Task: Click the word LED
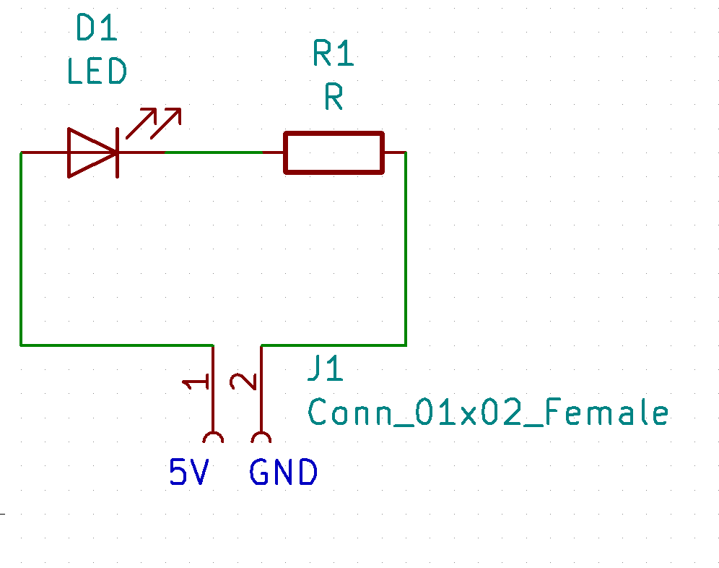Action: (97, 72)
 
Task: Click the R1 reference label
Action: (333, 54)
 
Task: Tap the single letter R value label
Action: (334, 97)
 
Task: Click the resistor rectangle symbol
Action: (333, 152)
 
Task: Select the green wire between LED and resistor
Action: (213, 152)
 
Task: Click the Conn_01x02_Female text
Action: (488, 413)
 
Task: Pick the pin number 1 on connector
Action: (195, 382)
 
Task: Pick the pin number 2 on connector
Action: (243, 381)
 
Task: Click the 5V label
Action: (189, 473)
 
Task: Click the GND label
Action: (283, 473)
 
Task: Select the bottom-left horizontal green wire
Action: (116, 345)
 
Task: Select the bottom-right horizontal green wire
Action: (332, 345)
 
